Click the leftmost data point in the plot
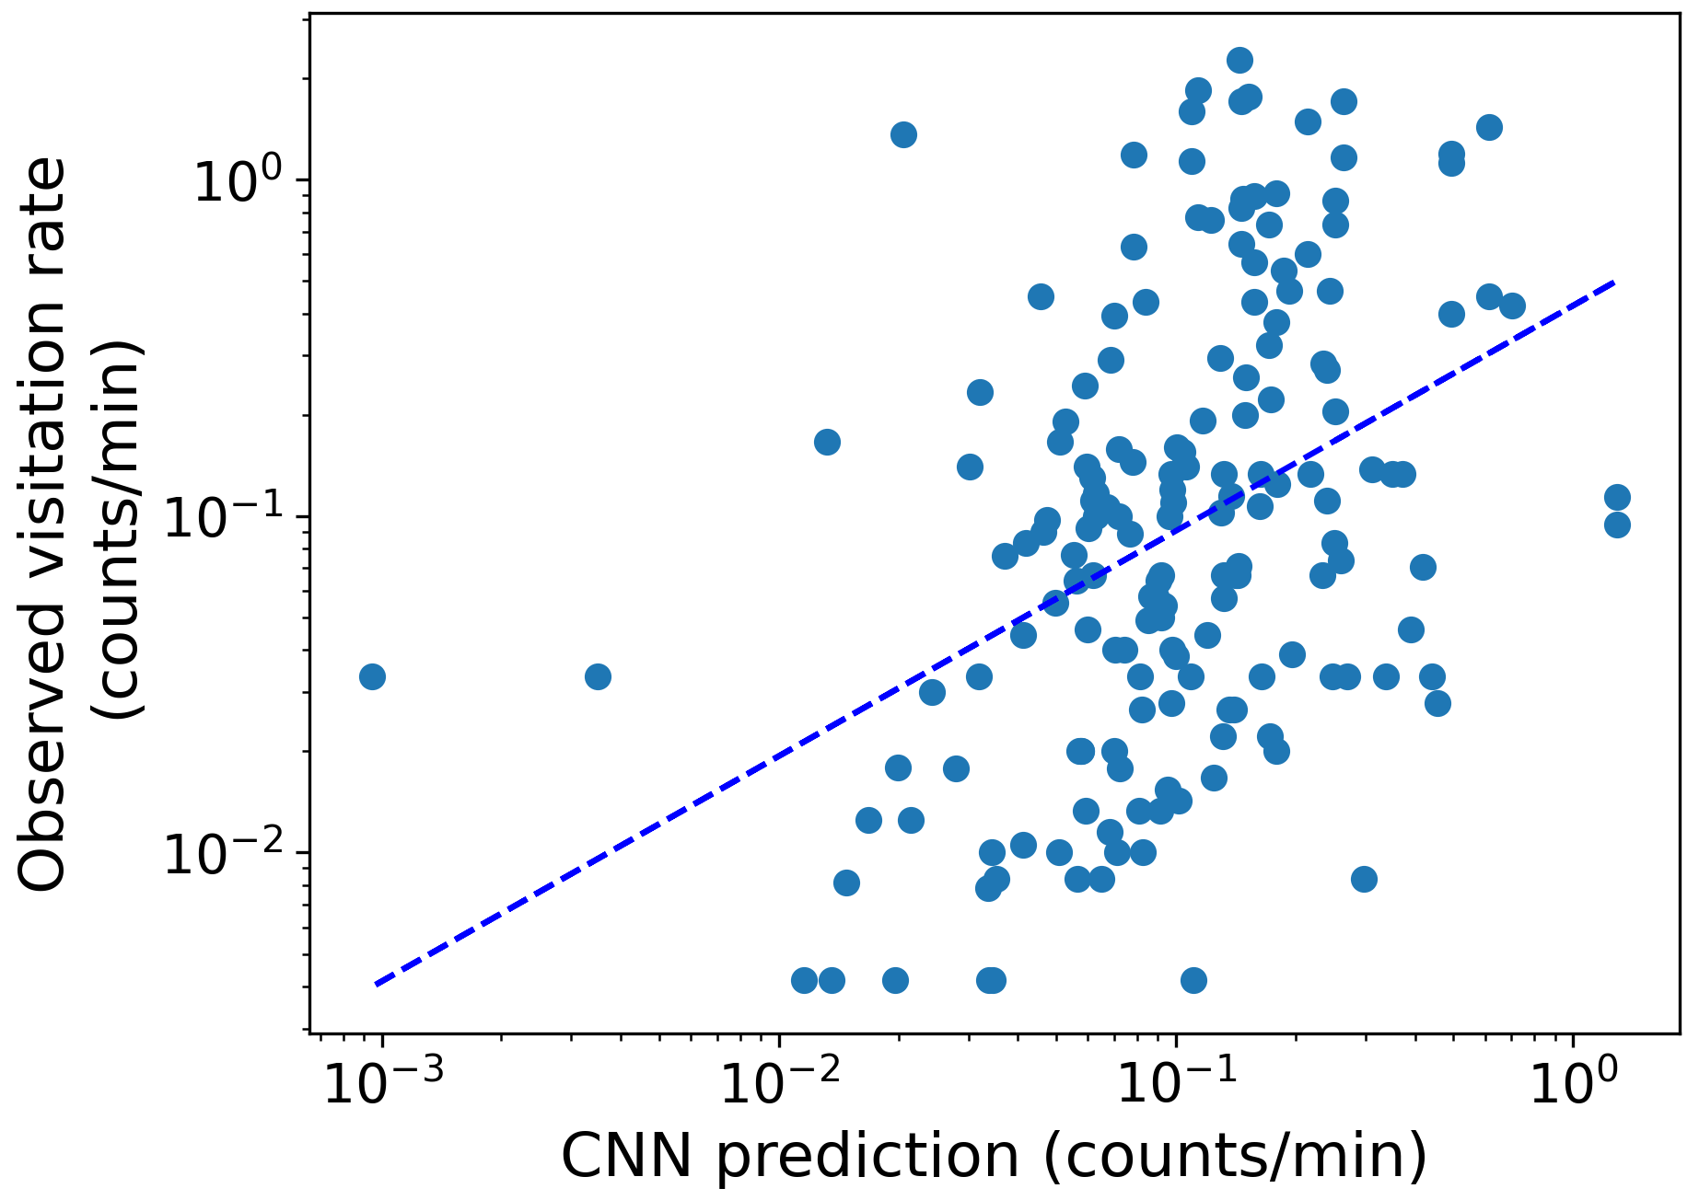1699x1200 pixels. tap(372, 677)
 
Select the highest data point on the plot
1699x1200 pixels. tap(1240, 61)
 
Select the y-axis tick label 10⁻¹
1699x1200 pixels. tap(230, 518)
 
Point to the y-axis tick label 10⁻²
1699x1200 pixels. tap(230, 855)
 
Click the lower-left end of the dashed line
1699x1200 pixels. tap(377, 985)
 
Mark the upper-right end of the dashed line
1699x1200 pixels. tap(1614, 282)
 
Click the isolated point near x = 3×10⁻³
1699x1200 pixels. tap(598, 677)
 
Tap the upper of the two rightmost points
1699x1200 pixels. tap(1617, 498)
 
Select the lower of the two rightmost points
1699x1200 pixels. tap(1617, 525)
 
